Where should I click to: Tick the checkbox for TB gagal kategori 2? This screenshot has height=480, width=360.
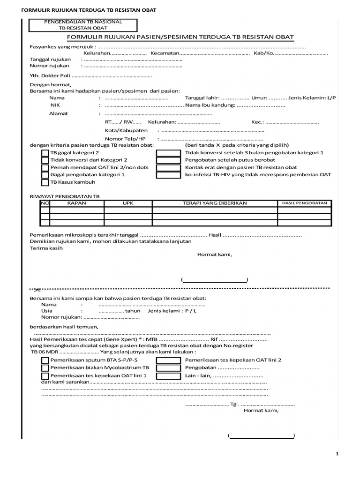click(x=45, y=153)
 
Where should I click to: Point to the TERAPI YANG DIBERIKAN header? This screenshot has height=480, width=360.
click(x=214, y=203)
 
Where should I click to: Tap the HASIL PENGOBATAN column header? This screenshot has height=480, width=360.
click(x=304, y=203)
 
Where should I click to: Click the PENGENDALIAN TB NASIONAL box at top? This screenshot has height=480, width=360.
click(x=83, y=25)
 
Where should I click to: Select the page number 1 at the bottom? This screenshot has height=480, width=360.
click(x=337, y=453)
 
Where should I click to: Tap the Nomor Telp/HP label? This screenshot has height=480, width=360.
click(x=125, y=139)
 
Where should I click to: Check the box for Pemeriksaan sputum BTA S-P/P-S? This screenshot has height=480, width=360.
click(x=45, y=360)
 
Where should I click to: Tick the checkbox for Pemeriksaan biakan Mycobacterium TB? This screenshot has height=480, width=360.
click(x=45, y=368)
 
